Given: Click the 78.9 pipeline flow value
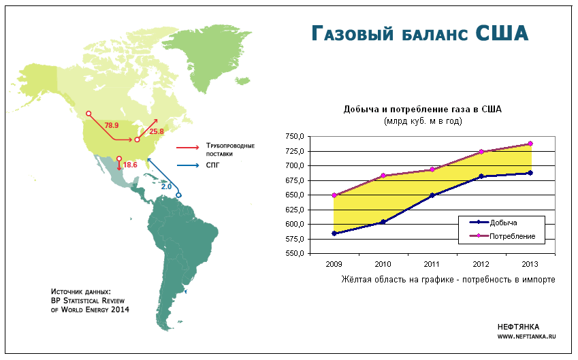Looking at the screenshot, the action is [x=112, y=126].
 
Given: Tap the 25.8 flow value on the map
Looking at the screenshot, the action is [x=157, y=131].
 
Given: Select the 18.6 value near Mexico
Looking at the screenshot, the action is [x=130, y=165].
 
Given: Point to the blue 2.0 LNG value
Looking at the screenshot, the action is [x=166, y=187].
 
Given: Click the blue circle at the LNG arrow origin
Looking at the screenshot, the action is [x=179, y=195].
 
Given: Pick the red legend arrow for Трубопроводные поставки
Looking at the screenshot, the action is [x=189, y=148].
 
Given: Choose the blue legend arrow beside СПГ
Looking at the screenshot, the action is [x=189, y=165].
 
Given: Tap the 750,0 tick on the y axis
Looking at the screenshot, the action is [x=295, y=137].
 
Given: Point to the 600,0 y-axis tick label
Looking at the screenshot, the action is [x=295, y=225].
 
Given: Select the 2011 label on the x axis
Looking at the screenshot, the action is [x=432, y=264].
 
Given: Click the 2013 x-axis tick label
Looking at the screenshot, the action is [x=530, y=264].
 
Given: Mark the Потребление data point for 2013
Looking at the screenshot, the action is [x=530, y=144].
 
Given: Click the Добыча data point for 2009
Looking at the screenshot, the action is [x=334, y=233].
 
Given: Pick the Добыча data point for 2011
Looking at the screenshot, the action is [x=432, y=195].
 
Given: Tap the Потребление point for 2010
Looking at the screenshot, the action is [x=383, y=176].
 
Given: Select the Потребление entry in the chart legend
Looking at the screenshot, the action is [x=502, y=236].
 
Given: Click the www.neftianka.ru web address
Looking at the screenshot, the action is [x=526, y=336].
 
